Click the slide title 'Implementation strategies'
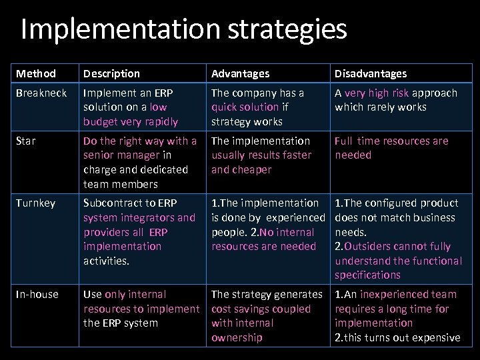point(184,30)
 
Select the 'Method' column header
point(36,73)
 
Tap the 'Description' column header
point(112,73)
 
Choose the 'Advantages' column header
point(241,73)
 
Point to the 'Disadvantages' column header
point(371,73)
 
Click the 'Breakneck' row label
point(41,93)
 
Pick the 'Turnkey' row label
point(36,203)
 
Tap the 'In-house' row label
point(37,295)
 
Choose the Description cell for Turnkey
point(139,232)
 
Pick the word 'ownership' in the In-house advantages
point(237,338)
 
